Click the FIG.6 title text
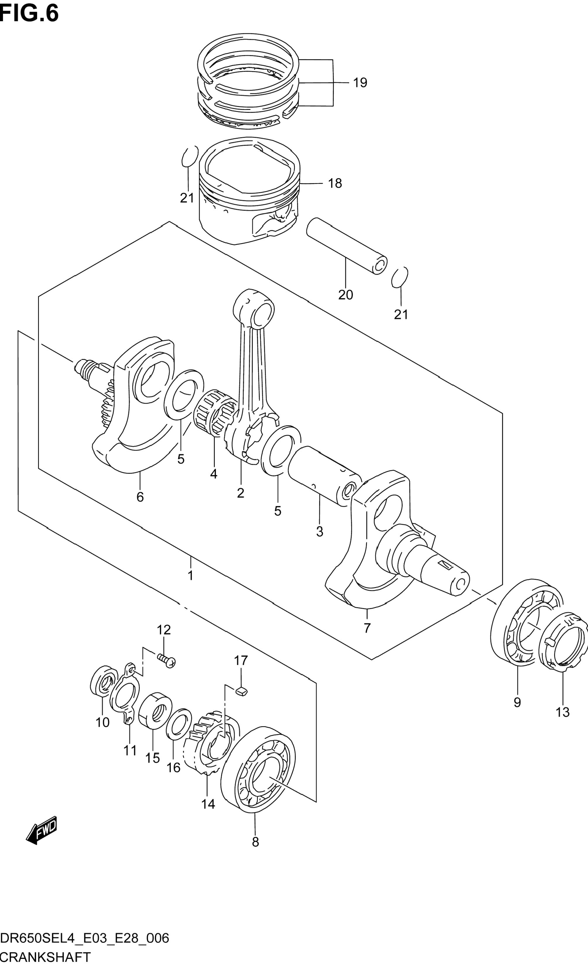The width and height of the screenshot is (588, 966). [x=30, y=13]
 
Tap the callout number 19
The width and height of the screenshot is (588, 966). [x=360, y=83]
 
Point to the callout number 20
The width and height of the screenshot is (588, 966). [x=346, y=295]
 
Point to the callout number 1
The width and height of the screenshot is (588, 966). [x=191, y=576]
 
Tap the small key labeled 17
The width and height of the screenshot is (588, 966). [x=242, y=691]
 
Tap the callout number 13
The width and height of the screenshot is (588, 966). [x=562, y=712]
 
